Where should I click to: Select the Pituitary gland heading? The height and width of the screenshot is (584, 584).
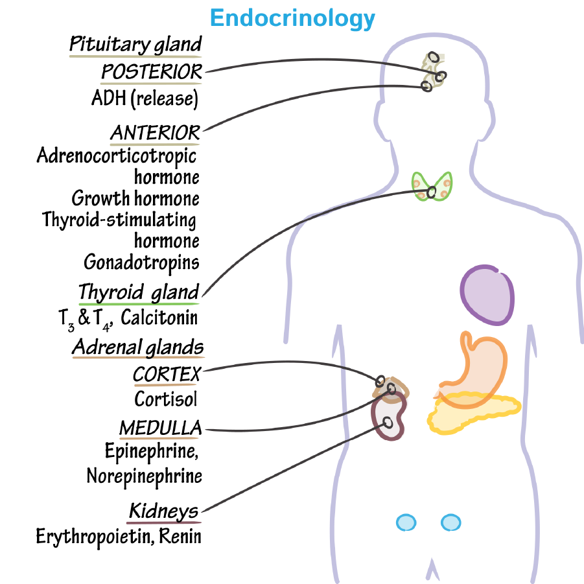(135, 45)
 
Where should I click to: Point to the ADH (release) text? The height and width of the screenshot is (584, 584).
(144, 99)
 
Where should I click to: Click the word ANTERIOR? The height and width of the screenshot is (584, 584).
(155, 133)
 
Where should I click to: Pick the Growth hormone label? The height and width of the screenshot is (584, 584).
(135, 198)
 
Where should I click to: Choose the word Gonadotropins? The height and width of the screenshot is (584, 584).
(141, 262)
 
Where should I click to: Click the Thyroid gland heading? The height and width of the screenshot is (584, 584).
(138, 292)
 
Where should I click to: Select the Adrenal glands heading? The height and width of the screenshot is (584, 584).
(137, 347)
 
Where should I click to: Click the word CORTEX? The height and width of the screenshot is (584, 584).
(167, 374)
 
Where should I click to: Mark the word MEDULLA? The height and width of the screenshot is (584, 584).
(160, 428)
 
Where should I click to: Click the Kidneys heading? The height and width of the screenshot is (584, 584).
(163, 511)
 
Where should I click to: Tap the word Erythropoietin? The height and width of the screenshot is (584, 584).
(91, 537)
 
